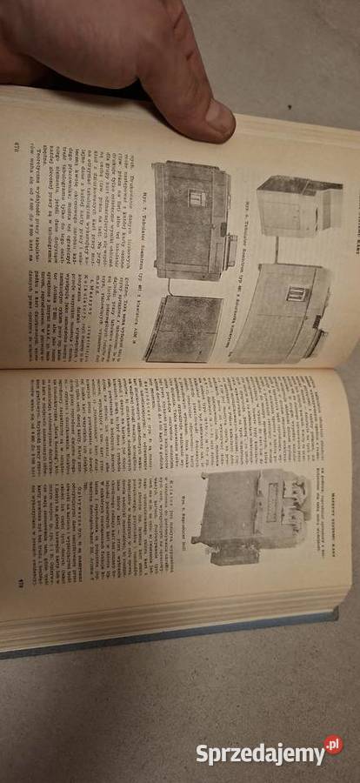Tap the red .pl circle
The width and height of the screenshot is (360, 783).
pyautogui.click(x=333, y=746)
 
